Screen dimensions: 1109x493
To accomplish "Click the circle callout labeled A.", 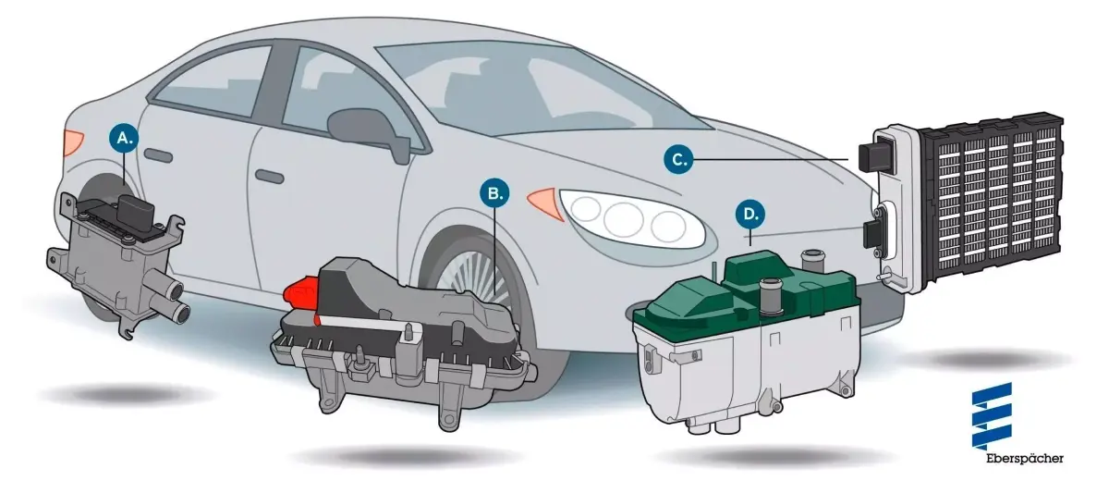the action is tap(125, 138).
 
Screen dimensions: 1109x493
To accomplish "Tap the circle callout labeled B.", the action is tap(494, 193).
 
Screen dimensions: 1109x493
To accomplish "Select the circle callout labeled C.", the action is tap(678, 159).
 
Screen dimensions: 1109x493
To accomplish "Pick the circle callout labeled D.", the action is tap(750, 214).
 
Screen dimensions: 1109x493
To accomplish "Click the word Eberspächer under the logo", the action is tap(1024, 459).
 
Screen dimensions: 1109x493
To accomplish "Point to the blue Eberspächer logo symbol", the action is tap(993, 415).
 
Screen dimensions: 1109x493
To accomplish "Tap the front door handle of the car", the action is tap(269, 177).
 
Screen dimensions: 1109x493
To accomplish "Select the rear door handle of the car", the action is tap(158, 155).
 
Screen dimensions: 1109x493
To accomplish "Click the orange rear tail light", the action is tap(73, 142).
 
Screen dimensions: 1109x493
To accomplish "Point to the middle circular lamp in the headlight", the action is tap(623, 219).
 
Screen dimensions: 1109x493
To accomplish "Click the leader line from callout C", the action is tap(771, 159).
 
